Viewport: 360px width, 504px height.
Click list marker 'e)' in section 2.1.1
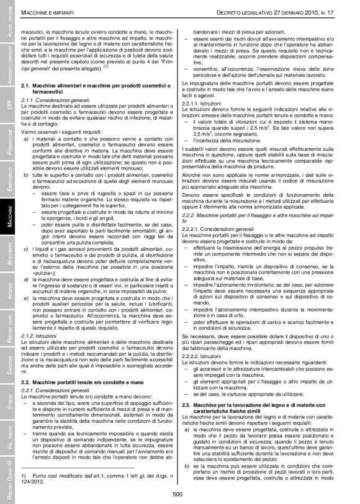pos(26,280)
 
